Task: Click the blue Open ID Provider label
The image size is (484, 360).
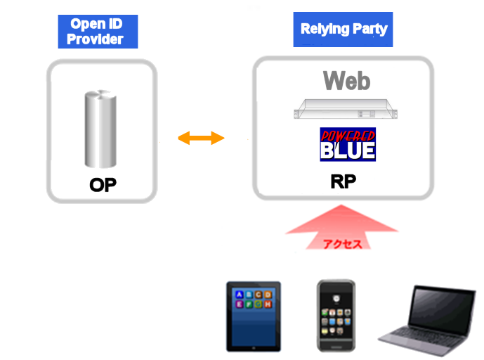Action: coord(98,32)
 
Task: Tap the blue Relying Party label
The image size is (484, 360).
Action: coord(343,30)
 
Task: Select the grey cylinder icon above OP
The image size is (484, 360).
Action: coord(100,129)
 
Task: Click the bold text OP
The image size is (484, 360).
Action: coord(103,185)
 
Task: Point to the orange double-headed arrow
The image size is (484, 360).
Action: coord(201,138)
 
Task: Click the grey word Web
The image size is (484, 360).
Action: coord(346,81)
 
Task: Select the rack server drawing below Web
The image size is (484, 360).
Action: coord(346,109)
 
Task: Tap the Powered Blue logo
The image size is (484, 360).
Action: coord(348,144)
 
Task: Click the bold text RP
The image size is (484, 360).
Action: coord(344,181)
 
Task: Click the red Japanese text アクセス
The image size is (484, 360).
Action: coord(342,244)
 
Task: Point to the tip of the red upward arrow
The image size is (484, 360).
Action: coord(341,205)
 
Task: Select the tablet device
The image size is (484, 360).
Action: coord(254,316)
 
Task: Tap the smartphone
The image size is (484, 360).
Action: coord(336,316)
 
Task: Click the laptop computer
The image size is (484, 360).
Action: coord(427,321)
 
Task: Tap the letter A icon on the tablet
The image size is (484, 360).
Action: coord(240,295)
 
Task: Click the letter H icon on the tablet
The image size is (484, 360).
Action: coord(268,304)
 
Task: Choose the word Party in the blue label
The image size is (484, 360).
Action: coord(369,30)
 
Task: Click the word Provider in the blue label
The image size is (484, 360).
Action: coord(95,39)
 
